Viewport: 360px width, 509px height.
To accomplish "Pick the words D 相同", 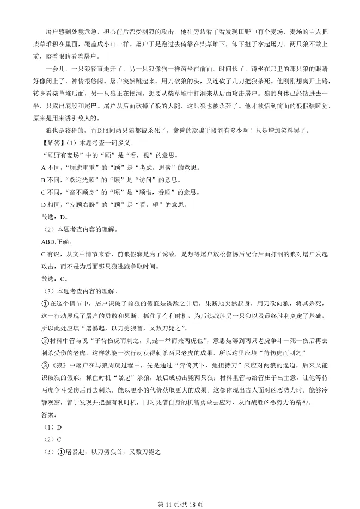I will coord(53,205).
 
